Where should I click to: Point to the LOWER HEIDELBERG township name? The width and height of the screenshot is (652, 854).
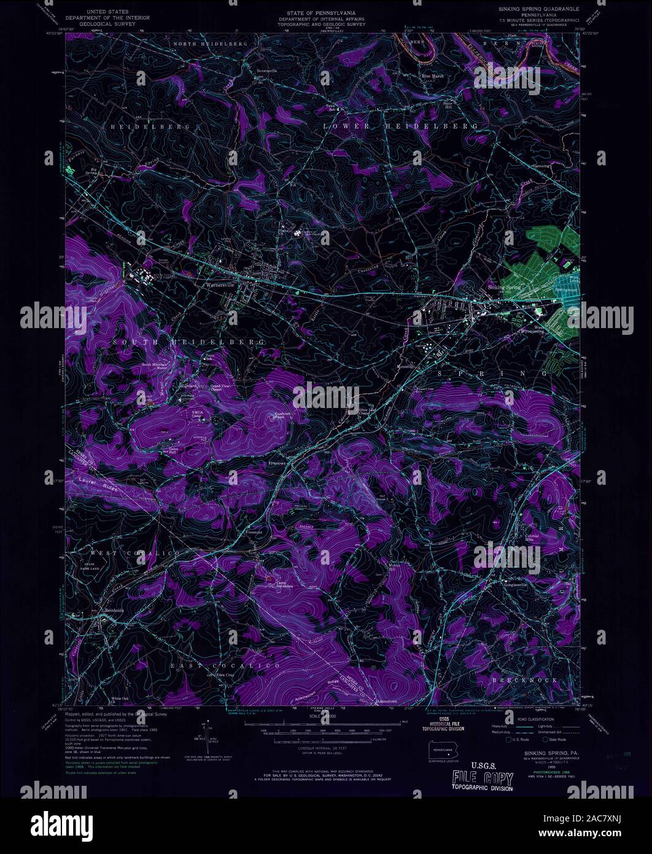400,125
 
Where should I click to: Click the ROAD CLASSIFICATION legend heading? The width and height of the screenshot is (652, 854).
535,719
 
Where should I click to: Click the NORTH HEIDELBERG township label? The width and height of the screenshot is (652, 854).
209,44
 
